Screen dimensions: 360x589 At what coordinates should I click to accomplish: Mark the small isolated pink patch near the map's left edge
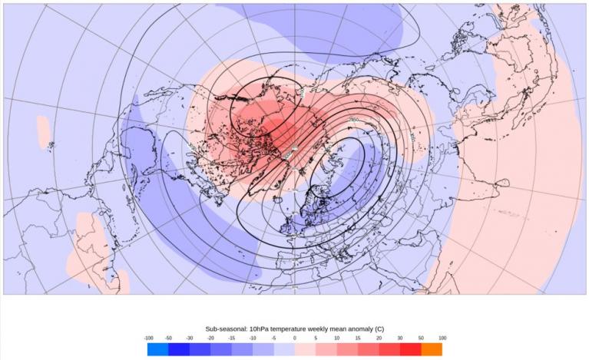[x=47, y=124]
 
